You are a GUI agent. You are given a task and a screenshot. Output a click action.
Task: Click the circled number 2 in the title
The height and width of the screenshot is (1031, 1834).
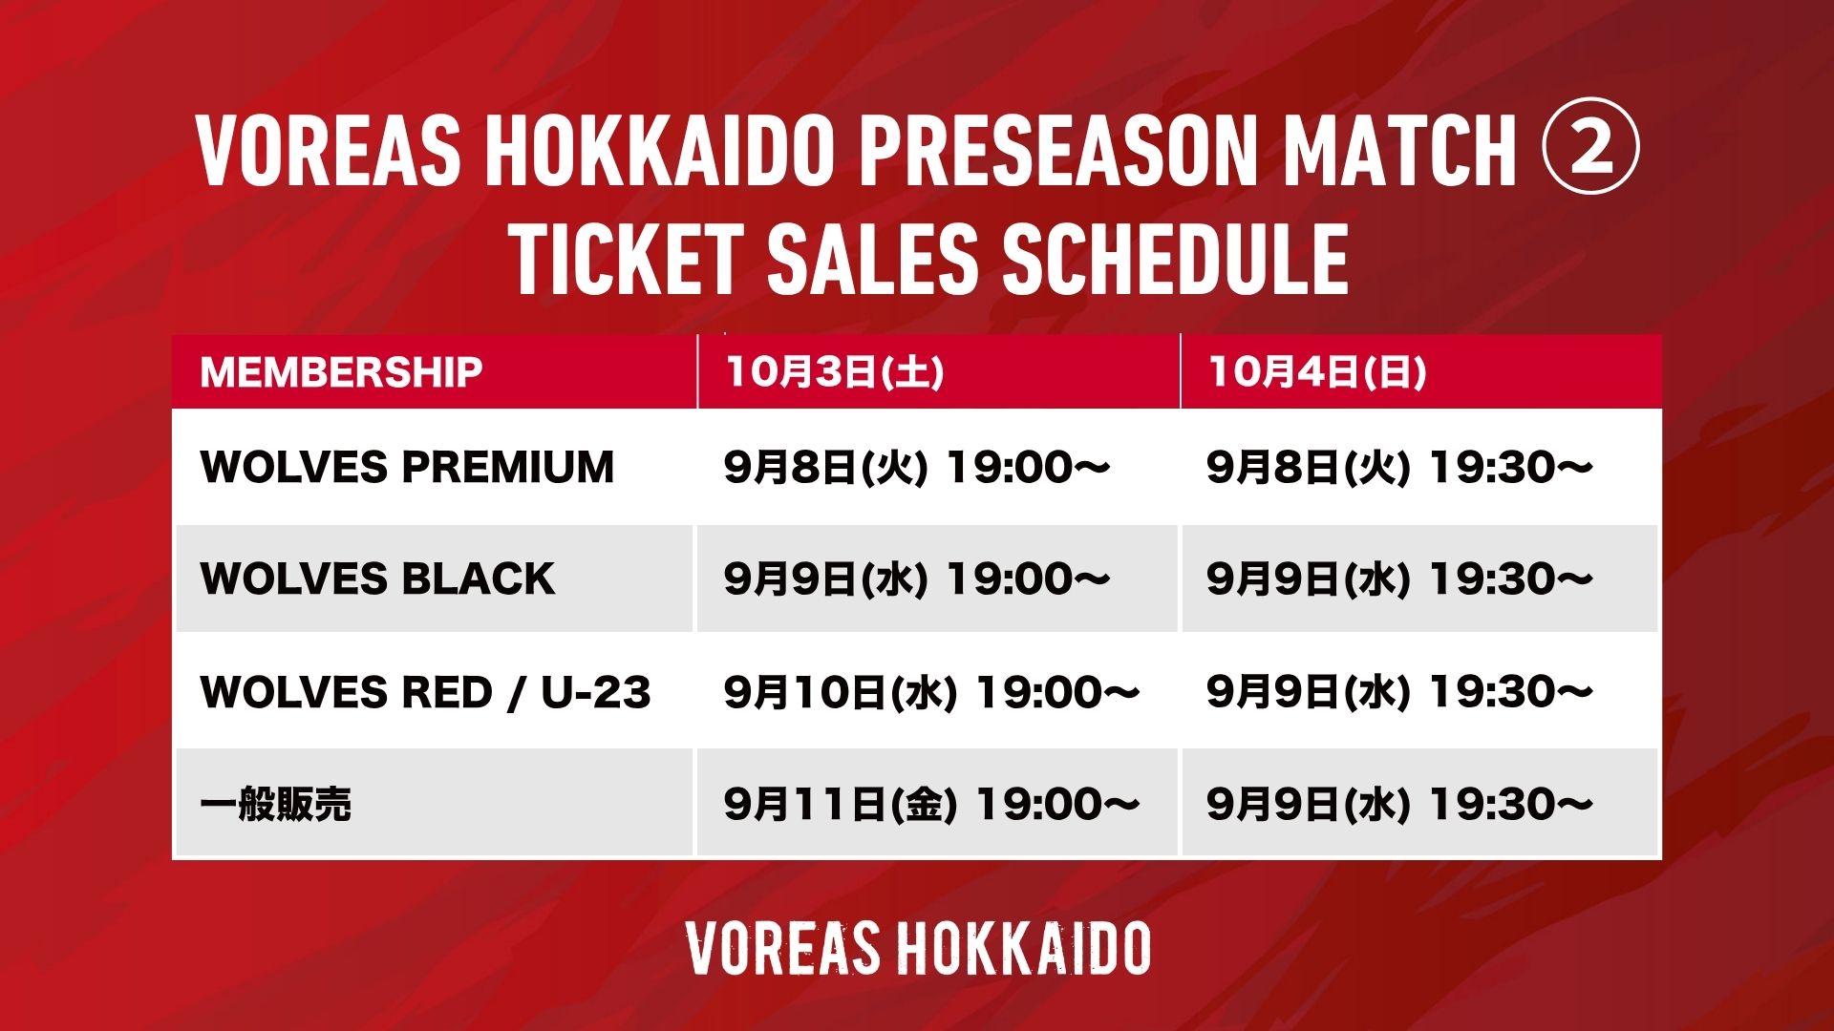[x=1590, y=150]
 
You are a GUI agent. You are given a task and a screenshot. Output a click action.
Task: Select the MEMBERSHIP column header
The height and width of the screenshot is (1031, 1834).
[x=341, y=371]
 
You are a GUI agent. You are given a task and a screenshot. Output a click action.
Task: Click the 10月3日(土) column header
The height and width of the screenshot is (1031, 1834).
[x=835, y=371]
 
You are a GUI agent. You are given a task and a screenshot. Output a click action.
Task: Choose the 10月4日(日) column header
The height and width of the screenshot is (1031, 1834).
[x=1317, y=371]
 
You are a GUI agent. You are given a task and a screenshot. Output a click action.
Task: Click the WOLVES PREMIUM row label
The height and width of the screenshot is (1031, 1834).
[x=407, y=467]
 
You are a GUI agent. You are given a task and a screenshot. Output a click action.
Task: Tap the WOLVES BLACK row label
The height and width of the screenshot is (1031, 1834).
[x=377, y=579]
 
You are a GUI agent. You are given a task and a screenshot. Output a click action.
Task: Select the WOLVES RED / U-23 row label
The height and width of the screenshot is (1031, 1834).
[x=426, y=692]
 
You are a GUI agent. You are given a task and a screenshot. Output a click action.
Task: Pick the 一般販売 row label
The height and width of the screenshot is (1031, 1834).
[x=276, y=804]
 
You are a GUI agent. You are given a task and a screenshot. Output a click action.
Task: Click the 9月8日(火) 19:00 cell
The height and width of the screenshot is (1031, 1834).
[x=917, y=467]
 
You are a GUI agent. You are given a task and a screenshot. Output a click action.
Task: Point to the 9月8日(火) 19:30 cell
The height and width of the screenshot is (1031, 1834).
[x=1399, y=467]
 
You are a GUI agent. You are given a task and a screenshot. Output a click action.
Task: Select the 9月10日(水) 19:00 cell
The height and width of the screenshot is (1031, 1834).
[x=931, y=692]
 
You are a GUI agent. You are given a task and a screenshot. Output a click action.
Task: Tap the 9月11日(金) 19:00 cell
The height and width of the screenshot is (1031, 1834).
[x=931, y=804]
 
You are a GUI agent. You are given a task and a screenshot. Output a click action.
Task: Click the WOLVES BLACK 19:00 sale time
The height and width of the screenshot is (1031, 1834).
[x=917, y=579]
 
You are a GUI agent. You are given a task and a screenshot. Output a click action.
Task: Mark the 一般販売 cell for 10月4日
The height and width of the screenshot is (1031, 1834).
[x=1399, y=804]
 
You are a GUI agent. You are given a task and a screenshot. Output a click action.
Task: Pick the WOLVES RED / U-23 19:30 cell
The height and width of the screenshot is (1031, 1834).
[x=1399, y=692]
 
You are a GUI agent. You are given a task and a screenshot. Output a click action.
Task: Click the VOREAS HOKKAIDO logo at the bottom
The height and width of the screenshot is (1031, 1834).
[x=918, y=948]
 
